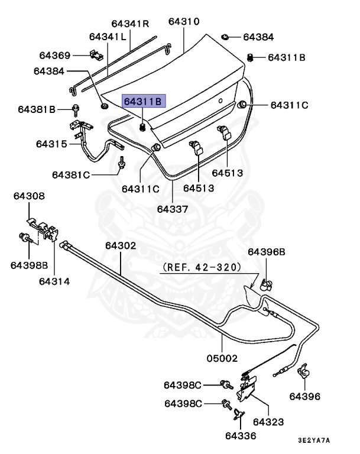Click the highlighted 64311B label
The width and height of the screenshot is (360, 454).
(142, 101)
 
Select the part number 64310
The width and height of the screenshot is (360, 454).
(183, 22)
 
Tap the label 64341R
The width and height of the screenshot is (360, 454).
(130, 24)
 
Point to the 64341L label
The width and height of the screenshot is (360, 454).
(108, 37)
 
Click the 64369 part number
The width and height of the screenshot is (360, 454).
(55, 56)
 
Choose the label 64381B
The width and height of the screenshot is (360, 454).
(36, 109)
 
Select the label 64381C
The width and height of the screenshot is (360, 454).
(70, 175)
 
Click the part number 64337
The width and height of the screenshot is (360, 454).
(173, 209)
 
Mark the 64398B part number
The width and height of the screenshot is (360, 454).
(29, 265)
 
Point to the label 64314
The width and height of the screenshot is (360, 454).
(54, 281)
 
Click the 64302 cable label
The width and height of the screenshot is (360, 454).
(121, 245)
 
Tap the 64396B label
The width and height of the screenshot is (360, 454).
(267, 252)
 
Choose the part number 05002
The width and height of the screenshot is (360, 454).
(222, 358)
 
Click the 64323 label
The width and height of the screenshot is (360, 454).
(268, 422)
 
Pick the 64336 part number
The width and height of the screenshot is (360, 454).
(240, 436)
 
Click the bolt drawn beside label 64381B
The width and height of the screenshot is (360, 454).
(76, 109)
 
